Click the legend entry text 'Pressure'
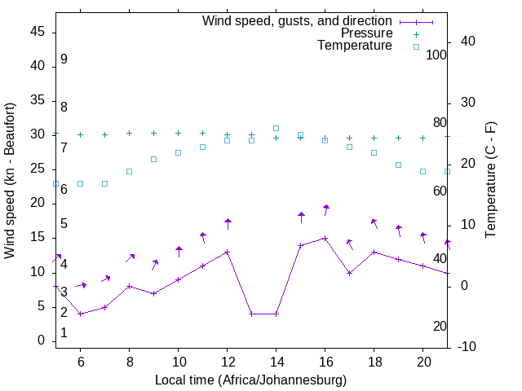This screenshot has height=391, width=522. pos(366,33)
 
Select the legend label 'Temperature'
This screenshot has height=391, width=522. pos(355,46)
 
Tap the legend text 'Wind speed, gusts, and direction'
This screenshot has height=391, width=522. pos(297,20)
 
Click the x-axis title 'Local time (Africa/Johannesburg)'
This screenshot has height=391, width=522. pos(250,380)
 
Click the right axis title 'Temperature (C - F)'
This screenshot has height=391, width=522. pos(490,181)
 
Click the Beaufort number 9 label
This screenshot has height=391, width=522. pos(64,59)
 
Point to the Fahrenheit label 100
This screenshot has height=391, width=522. pos(436,55)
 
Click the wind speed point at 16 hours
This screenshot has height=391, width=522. pos(325,239)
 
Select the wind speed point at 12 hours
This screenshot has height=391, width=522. pos(228,253)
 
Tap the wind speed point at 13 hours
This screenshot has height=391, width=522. pos(252,314)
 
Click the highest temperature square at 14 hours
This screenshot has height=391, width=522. pos(276,128)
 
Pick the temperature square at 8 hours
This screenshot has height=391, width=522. pos(129,171)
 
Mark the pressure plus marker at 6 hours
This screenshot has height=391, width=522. pos(80,134)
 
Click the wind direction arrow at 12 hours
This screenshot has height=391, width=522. pos(228,224)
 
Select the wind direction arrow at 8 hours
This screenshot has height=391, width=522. pos(130,258)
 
